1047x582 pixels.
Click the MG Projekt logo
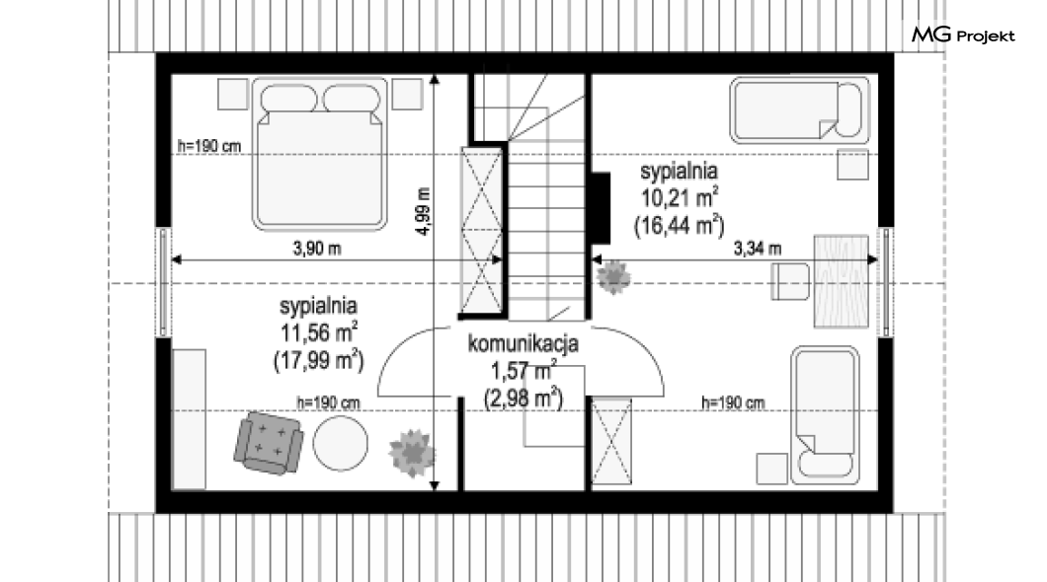pyautogui.click(x=963, y=35)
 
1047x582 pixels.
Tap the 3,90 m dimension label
pyautogui.click(x=317, y=249)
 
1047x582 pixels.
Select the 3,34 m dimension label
pyautogui.click(x=758, y=249)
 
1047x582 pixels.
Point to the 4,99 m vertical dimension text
pyautogui.click(x=424, y=211)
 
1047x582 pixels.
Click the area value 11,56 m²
pyautogui.click(x=319, y=332)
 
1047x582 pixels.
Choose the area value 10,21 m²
pyautogui.click(x=680, y=197)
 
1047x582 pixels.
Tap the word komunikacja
pyautogui.click(x=523, y=344)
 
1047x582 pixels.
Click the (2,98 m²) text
pyautogui.click(x=523, y=398)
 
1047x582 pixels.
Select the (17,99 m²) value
pyautogui.click(x=319, y=360)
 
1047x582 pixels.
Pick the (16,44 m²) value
pyautogui.click(x=680, y=225)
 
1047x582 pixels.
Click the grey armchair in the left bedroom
pyautogui.click(x=269, y=443)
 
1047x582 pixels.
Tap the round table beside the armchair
pyautogui.click(x=341, y=443)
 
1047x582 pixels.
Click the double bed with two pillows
pyautogui.click(x=320, y=154)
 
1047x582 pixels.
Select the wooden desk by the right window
pyautogui.click(x=842, y=281)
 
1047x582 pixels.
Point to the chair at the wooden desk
pyautogui.click(x=790, y=281)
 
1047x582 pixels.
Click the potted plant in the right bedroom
pyautogui.click(x=613, y=278)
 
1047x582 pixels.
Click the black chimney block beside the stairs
pyautogui.click(x=601, y=208)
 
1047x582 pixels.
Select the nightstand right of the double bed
pyautogui.click(x=407, y=94)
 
